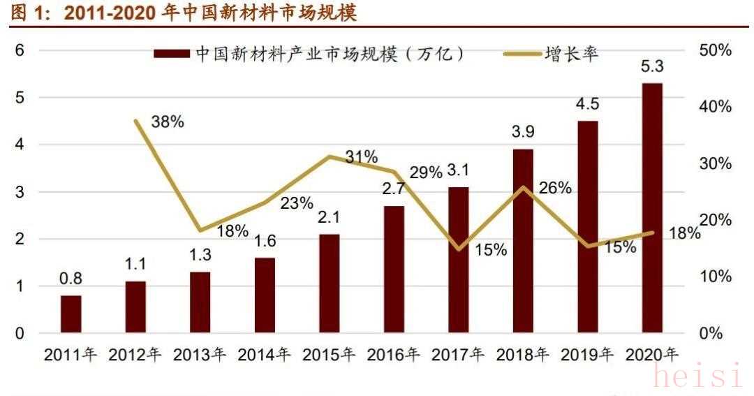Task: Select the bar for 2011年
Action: pos(71,314)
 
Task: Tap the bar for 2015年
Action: pos(329,284)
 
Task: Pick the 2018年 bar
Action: pos(523,241)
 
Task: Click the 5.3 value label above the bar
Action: pos(652,68)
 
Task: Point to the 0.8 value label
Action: pos(71,279)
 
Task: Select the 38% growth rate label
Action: pos(168,122)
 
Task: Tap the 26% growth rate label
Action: pos(555,188)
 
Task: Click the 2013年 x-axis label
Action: pos(200,355)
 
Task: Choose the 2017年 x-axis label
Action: pos(458,355)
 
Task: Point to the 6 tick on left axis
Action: pos(20,50)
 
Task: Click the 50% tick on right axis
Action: pos(715,50)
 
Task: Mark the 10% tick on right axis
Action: pos(715,277)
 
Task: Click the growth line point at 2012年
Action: pos(135,120)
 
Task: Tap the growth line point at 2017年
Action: pos(458,249)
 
